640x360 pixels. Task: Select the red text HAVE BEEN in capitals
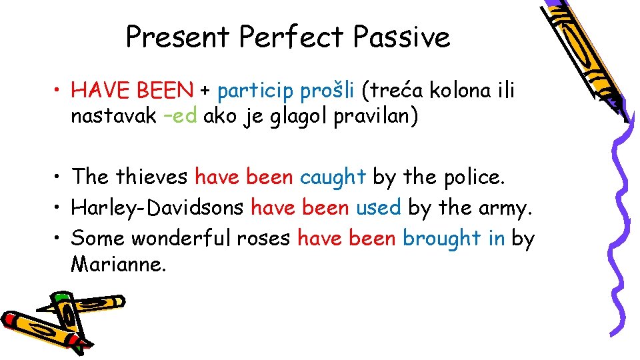pos(132,90)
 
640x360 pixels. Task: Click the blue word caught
pos(333,177)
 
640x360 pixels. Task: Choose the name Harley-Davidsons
pos(157,208)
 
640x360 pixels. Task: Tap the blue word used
pos(378,207)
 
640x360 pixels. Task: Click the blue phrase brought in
pos(453,238)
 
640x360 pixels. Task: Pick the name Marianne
pos(118,264)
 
